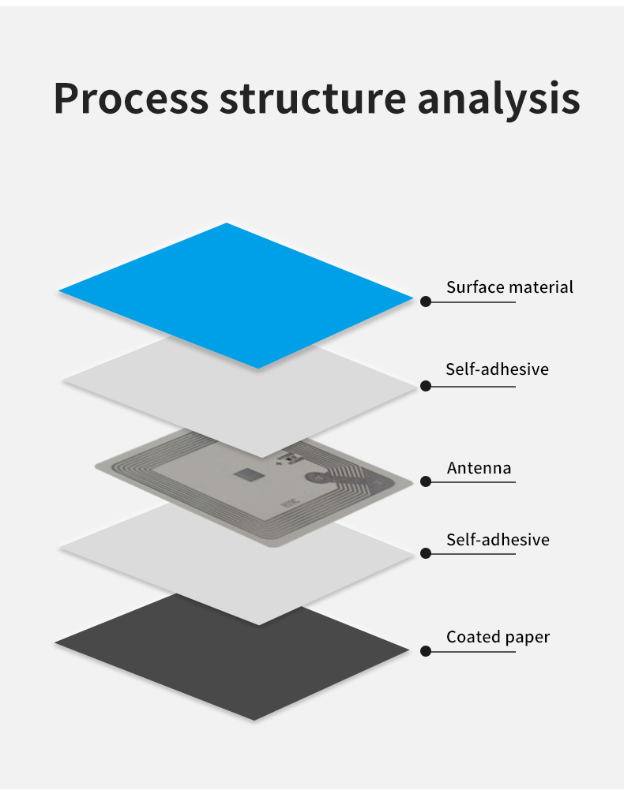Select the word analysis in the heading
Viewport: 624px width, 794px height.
click(x=498, y=99)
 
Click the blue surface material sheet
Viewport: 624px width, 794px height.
click(x=235, y=294)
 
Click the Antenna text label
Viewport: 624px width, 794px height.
click(x=479, y=468)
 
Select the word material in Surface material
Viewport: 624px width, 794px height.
click(x=541, y=287)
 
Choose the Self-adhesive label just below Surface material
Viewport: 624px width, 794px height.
click(x=497, y=369)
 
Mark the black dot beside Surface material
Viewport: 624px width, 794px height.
click(x=426, y=301)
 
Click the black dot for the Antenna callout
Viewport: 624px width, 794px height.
click(x=426, y=481)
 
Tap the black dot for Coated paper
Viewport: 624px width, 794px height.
click(x=426, y=651)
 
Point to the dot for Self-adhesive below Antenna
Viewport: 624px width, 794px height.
click(x=426, y=554)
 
